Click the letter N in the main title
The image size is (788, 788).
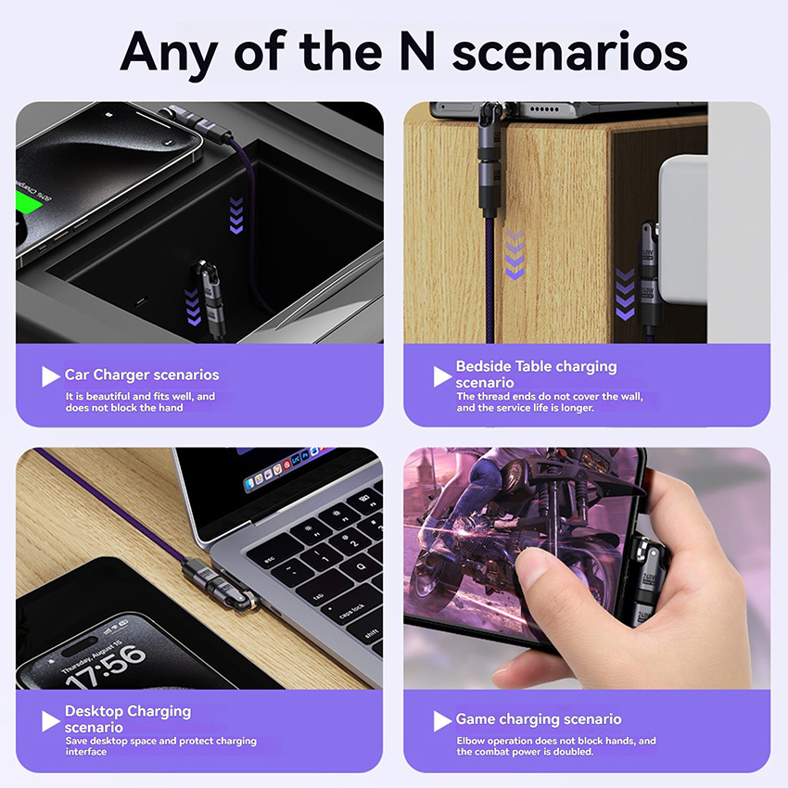[417, 51]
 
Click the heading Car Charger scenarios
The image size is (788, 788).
[142, 375]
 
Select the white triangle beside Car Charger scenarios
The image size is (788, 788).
[50, 376]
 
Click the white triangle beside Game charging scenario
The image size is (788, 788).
[442, 721]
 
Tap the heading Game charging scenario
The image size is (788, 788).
[539, 719]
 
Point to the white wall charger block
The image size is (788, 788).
[683, 230]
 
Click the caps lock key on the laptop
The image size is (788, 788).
[353, 610]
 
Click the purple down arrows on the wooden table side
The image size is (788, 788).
[515, 254]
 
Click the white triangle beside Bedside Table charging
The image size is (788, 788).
[442, 376]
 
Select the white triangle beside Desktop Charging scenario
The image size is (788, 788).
[50, 721]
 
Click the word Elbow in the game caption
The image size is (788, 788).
[470, 741]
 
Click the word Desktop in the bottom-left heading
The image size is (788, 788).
[94, 711]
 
